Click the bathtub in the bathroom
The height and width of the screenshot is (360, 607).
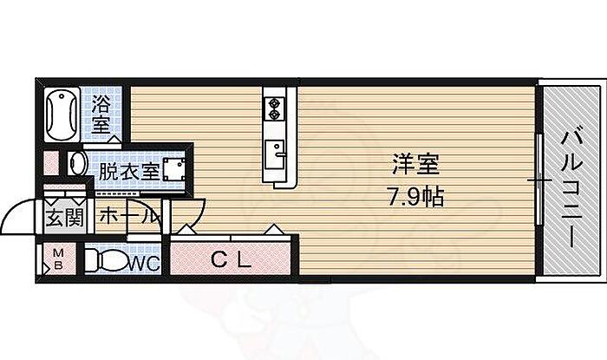point(62,115)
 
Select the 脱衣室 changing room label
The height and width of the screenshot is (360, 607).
point(129,172)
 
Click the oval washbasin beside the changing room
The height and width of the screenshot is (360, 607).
point(77,164)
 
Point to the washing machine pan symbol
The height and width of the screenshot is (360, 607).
point(173,169)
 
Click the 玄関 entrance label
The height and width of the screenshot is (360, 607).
point(65,219)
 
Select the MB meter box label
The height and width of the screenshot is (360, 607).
point(58,259)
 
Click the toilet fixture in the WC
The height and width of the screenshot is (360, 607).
point(106,259)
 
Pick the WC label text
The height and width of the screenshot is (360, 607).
point(144,264)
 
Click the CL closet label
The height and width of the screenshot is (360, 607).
point(232,259)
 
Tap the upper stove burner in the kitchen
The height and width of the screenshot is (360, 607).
point(275,103)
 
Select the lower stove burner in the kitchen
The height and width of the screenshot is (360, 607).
point(275,115)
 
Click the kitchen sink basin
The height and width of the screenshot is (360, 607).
point(275,154)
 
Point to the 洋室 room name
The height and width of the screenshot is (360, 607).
point(416,165)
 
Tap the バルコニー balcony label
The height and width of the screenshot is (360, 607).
point(571,189)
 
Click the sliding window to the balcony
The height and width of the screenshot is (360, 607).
point(539,180)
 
